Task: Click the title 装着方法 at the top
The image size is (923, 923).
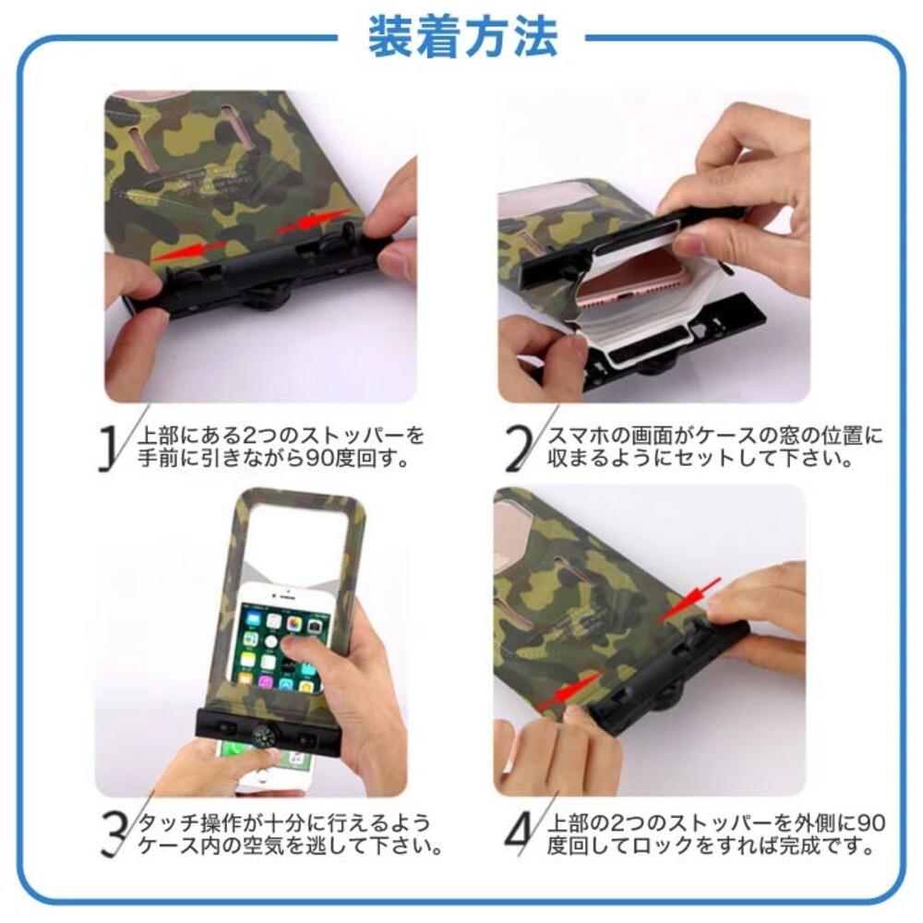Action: (462, 37)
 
